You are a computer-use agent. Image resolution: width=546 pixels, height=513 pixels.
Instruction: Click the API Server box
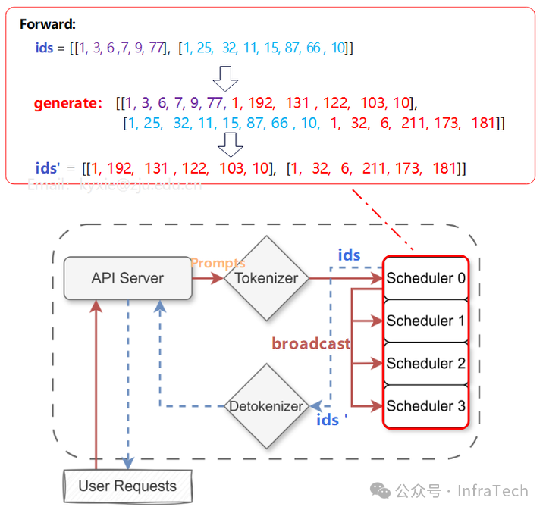(127, 278)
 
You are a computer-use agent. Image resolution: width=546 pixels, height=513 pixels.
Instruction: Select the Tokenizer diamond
(266, 278)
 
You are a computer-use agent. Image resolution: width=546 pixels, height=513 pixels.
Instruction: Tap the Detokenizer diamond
(266, 406)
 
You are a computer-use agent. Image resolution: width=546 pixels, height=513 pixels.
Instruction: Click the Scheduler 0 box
(425, 278)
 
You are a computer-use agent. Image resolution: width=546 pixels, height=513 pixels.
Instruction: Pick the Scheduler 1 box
(425, 321)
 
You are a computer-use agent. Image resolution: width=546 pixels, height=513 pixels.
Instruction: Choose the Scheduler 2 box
(425, 363)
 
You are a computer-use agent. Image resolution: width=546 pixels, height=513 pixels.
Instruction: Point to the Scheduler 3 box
(425, 405)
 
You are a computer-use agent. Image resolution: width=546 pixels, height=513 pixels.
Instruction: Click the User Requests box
(127, 486)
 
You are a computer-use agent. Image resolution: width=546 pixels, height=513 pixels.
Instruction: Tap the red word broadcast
(311, 344)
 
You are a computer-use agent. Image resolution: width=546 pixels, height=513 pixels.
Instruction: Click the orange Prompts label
(218, 264)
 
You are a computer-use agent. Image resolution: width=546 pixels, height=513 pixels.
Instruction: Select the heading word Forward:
(48, 24)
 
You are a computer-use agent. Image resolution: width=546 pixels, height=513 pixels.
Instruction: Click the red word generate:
(67, 103)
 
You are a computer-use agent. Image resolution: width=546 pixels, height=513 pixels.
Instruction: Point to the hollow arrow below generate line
(230, 144)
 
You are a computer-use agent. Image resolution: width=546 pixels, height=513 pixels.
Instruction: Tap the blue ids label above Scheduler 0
(349, 255)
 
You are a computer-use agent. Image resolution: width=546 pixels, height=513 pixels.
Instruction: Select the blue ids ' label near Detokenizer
(331, 420)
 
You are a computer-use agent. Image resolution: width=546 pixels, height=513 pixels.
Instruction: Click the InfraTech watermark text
(492, 491)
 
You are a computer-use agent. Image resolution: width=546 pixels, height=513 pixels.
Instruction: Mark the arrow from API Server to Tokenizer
(207, 278)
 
